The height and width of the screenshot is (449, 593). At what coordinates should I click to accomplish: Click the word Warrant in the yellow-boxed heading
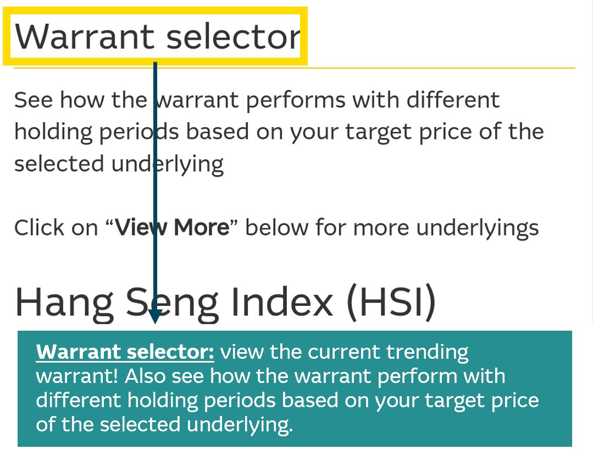tap(84, 37)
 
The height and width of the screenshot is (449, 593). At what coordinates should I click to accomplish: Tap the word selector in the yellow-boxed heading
tap(233, 37)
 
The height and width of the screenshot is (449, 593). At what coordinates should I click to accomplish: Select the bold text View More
tap(172, 228)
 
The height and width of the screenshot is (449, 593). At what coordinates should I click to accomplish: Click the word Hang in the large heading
tap(64, 303)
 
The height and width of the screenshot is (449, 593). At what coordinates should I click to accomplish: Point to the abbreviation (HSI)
tap(391, 302)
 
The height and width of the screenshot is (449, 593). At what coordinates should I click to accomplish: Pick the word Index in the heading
tap(282, 302)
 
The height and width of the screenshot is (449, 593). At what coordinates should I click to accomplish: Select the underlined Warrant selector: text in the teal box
tap(125, 352)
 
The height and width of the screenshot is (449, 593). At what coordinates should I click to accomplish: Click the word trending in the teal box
tap(427, 353)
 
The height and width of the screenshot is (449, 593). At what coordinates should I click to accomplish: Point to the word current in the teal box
tap(343, 352)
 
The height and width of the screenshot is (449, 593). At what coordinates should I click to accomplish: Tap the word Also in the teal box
tap(145, 376)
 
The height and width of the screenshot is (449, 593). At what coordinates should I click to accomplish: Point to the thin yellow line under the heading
tap(295, 68)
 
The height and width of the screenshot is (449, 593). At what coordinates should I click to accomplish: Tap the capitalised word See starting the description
tap(34, 100)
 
